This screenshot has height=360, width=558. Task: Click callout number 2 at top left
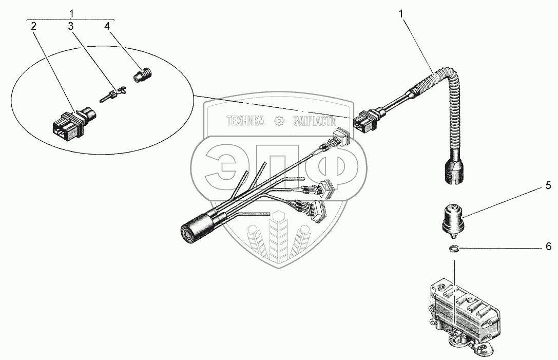click(x=33, y=27)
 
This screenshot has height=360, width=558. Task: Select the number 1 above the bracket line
click(x=71, y=11)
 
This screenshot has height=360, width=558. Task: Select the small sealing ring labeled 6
click(x=453, y=250)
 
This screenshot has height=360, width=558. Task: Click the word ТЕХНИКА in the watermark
click(x=246, y=121)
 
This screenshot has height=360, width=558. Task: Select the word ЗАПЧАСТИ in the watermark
click(x=314, y=121)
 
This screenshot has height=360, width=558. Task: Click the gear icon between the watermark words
click(x=279, y=121)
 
